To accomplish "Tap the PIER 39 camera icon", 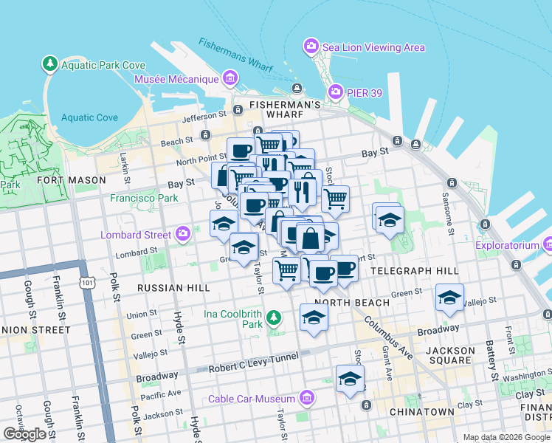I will click(336, 91).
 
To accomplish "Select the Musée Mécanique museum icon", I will click(230, 78).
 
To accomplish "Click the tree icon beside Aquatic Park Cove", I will click(50, 64).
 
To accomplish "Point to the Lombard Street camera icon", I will click(183, 235).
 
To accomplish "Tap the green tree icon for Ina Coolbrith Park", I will click(274, 317).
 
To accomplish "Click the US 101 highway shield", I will click(89, 282).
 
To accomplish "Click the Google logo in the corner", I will click(24, 434).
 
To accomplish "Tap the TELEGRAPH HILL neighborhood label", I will click(414, 271).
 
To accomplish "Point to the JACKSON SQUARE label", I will click(450, 357).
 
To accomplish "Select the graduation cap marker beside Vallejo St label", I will click(449, 297).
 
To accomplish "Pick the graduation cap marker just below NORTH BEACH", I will click(314, 317).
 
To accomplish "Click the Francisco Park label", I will click(144, 198).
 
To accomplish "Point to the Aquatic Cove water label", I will click(89, 117).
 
